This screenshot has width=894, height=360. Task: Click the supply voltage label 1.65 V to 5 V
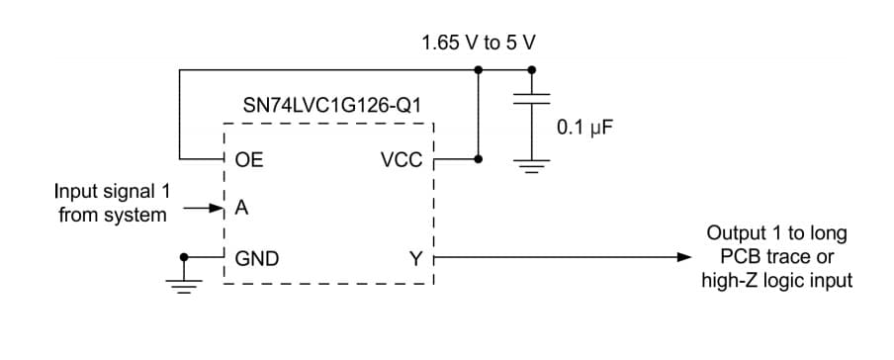pyautogui.click(x=479, y=44)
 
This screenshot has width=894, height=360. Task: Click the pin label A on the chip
pyautogui.click(x=240, y=209)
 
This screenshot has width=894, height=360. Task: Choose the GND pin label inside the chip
pyautogui.click(x=256, y=258)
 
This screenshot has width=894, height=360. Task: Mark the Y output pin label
pyautogui.click(x=415, y=258)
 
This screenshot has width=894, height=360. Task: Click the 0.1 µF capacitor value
pyautogui.click(x=580, y=127)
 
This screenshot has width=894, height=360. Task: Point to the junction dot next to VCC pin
pyautogui.click(x=479, y=158)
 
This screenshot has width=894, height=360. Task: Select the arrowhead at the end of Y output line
pyautogui.click(x=683, y=258)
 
